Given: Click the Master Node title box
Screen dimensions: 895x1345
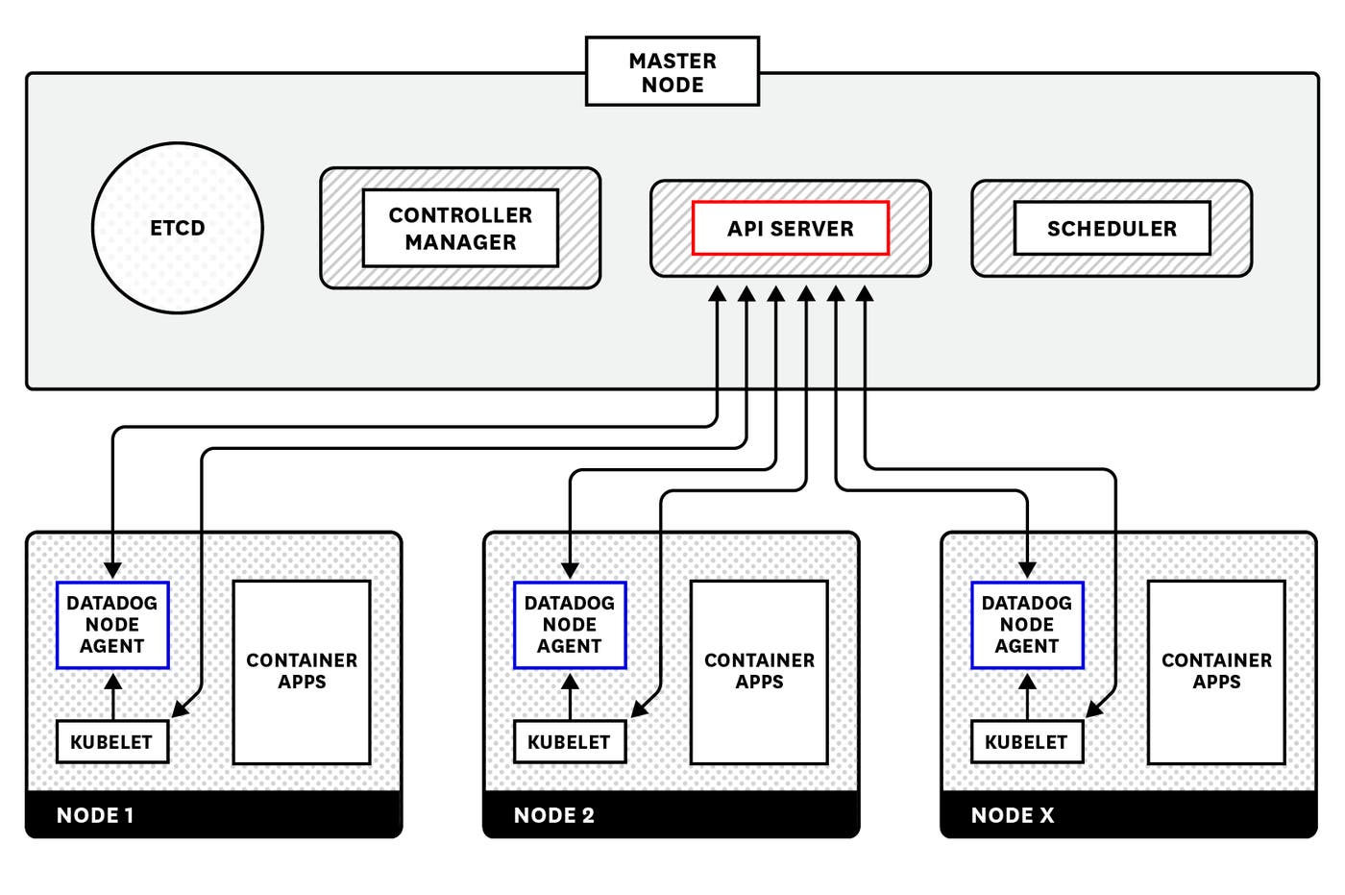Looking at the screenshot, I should point(672,72).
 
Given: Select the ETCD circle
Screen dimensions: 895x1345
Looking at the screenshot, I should point(178,228).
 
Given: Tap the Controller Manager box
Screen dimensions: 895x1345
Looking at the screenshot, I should point(460,228).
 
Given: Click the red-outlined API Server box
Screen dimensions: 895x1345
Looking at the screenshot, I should point(790,228).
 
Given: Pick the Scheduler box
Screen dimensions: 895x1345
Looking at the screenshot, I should point(1112,228).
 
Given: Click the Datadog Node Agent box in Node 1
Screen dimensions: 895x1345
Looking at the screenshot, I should point(112,625).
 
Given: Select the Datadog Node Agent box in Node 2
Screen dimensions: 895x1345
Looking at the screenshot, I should point(570,625).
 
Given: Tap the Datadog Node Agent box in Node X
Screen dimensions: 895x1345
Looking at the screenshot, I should point(1027,625).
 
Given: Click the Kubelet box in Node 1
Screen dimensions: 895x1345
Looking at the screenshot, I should point(111,742).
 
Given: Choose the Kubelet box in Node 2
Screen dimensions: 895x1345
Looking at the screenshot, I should point(569,742).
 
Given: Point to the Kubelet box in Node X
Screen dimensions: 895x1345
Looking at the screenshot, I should point(1026,742).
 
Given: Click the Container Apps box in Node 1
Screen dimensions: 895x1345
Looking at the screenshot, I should point(302,671).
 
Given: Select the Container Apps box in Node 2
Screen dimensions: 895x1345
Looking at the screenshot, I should point(759,671).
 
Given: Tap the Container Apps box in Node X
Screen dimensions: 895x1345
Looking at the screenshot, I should point(1216,671).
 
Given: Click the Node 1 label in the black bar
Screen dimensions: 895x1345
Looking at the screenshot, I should point(95,815).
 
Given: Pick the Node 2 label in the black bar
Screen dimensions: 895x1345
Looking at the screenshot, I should point(554,815).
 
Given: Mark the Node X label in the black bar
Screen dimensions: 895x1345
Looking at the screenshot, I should point(1013,815).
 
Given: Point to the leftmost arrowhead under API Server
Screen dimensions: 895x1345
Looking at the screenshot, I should point(717,295).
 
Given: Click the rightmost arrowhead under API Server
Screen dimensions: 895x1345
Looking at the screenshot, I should point(865,295).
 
